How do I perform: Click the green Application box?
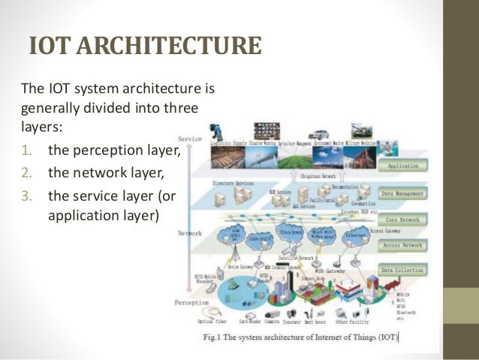pos(403,165)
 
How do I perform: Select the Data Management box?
pos(403,193)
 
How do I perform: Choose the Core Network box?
pos(403,220)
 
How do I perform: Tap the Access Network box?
pos(403,245)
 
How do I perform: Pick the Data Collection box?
pos(403,270)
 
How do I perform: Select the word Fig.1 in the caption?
pos(216,337)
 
